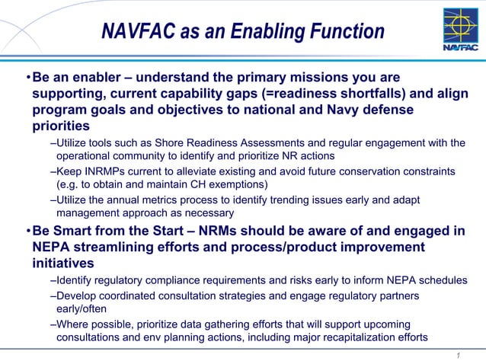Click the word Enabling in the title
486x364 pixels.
263,31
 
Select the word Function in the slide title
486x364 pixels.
347,31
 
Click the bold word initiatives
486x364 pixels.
63,263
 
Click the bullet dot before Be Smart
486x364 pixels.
27,231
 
